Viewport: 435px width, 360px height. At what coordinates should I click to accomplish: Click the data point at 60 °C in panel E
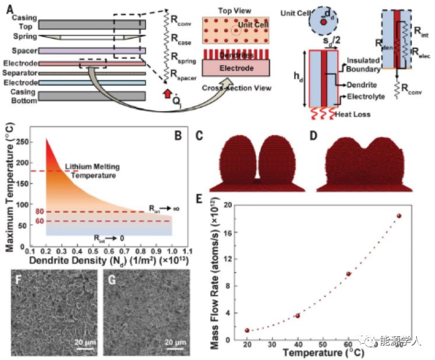pyautogui.click(x=348, y=274)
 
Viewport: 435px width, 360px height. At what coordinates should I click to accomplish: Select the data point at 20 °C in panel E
pyautogui.click(x=247, y=330)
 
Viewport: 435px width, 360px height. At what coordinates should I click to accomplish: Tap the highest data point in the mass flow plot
pyautogui.click(x=399, y=216)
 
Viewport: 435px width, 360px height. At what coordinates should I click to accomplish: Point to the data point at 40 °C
pyautogui.click(x=298, y=316)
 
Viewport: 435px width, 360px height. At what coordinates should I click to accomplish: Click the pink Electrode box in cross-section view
pyautogui.click(x=236, y=68)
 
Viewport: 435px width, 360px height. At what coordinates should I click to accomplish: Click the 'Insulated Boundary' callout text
pyautogui.click(x=367, y=64)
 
